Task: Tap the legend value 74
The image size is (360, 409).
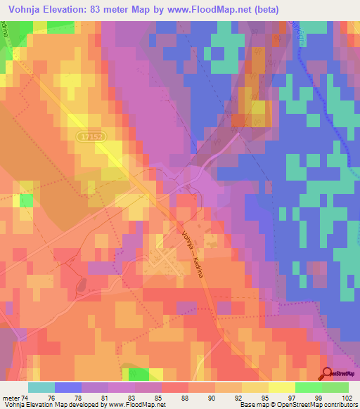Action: pyautogui.click(x=26, y=398)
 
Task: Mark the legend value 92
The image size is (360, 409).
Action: pyautogui.click(x=214, y=398)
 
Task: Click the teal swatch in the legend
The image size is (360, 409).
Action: pyautogui.click(x=41, y=387)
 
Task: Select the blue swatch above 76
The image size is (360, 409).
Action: pyautogui.click(x=68, y=387)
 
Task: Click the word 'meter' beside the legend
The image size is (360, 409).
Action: pyautogui.click(x=11, y=398)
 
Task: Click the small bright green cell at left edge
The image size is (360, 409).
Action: pyautogui.click(x=27, y=200)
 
